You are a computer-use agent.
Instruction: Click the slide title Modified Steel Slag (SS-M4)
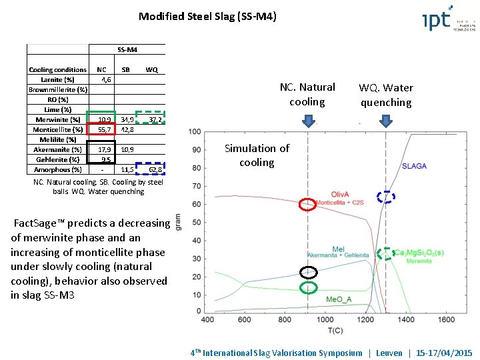[x=207, y=16]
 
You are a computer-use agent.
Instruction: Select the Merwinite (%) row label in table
[x=57, y=119]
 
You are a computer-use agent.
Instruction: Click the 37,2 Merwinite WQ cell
[x=155, y=119]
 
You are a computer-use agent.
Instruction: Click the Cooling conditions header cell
[x=57, y=69]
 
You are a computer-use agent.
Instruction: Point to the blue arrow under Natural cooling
[x=308, y=120]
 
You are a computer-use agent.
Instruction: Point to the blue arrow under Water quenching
[x=385, y=120]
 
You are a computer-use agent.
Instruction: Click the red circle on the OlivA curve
[x=307, y=204]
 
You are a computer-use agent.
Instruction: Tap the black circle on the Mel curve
[x=307, y=272]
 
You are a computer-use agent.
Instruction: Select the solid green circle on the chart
[x=307, y=288]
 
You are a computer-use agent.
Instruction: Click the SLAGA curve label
[x=414, y=166]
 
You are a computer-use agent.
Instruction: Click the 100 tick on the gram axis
[x=195, y=131]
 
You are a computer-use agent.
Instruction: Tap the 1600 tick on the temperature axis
[x=445, y=320]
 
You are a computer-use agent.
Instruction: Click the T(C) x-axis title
[x=327, y=330]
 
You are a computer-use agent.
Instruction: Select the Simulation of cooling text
[x=257, y=155]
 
